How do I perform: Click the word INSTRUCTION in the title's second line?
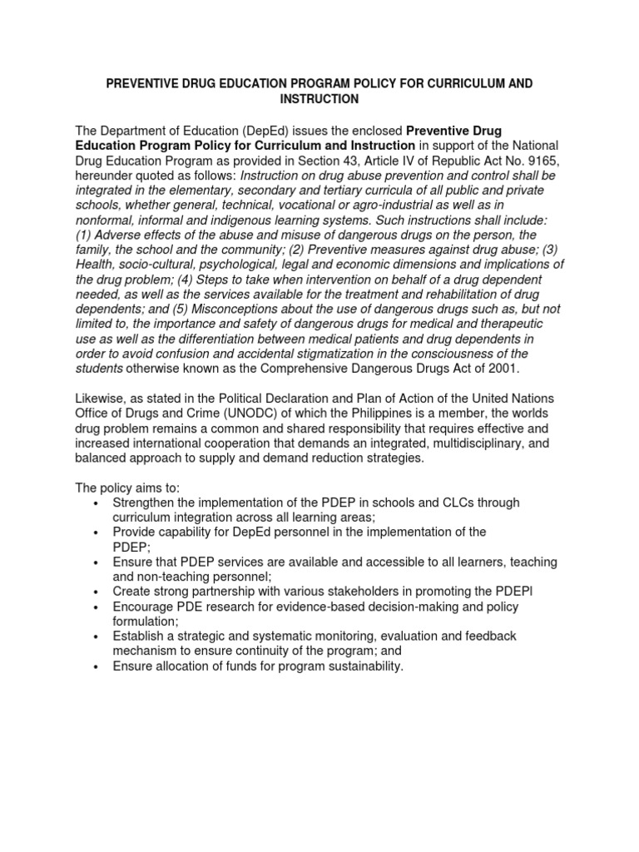(319, 99)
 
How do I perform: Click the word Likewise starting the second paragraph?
(103, 399)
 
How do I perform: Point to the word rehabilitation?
(463, 295)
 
